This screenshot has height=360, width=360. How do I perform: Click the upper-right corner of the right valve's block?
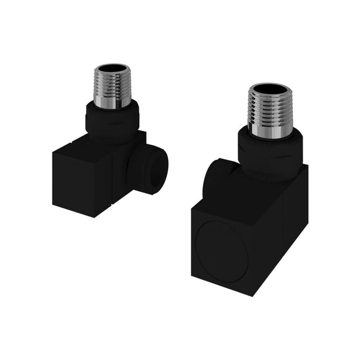pos(308,166)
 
